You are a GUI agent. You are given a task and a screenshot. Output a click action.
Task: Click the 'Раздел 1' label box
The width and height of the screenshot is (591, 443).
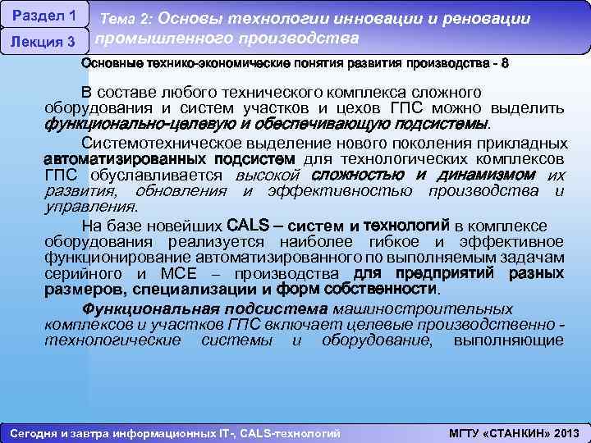[x=44, y=16]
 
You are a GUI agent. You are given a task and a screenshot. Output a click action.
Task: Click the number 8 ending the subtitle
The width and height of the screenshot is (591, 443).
[x=505, y=63]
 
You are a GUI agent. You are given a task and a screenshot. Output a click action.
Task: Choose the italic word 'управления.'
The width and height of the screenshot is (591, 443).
[x=90, y=208]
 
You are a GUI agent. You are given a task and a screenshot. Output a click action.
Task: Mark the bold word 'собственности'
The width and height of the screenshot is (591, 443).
[x=386, y=290]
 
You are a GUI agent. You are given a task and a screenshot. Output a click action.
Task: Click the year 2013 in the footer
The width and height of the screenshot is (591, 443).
[x=566, y=432]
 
